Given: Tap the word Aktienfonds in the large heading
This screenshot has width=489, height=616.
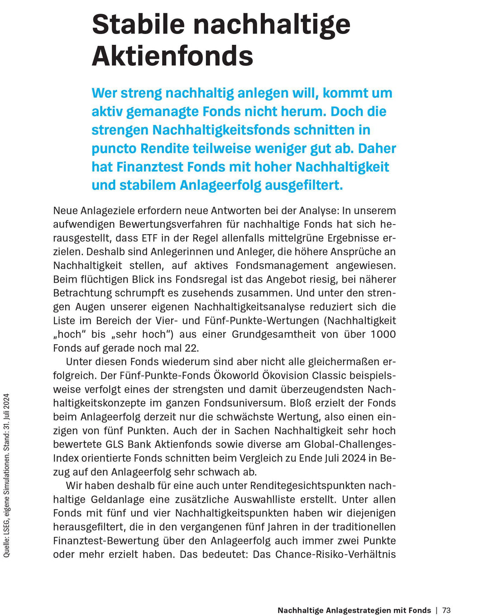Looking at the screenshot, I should click(173, 56).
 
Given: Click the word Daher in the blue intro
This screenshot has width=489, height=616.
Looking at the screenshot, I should click(377, 148).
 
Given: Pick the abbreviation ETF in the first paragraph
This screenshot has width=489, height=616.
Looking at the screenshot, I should click(149, 238).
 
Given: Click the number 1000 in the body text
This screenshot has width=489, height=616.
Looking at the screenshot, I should click(383, 334).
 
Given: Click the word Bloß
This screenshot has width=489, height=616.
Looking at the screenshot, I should click(300, 403).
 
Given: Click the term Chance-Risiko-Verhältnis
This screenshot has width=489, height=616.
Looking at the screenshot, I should click(336, 554).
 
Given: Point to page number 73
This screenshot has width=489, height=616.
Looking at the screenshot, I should click(446, 610).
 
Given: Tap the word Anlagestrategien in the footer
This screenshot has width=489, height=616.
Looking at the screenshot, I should click(359, 610).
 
